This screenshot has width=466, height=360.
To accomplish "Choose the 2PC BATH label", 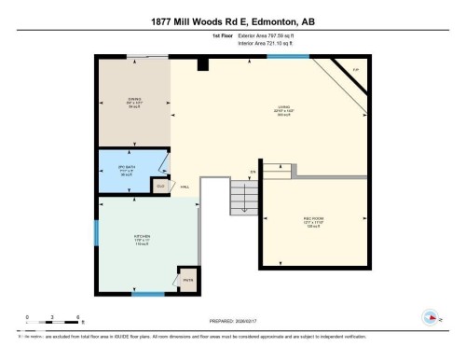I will click(x=128, y=170).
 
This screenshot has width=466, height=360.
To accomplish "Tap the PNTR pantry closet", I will click(x=187, y=279).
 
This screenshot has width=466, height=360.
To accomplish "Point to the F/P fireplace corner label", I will click(x=355, y=71).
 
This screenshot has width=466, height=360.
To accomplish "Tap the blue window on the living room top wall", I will click(x=288, y=56).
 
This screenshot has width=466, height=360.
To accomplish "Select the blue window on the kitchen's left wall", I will click(x=95, y=233).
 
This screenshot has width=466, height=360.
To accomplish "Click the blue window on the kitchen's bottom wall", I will click(x=148, y=296).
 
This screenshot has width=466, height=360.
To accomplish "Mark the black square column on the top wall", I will click(x=202, y=63).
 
